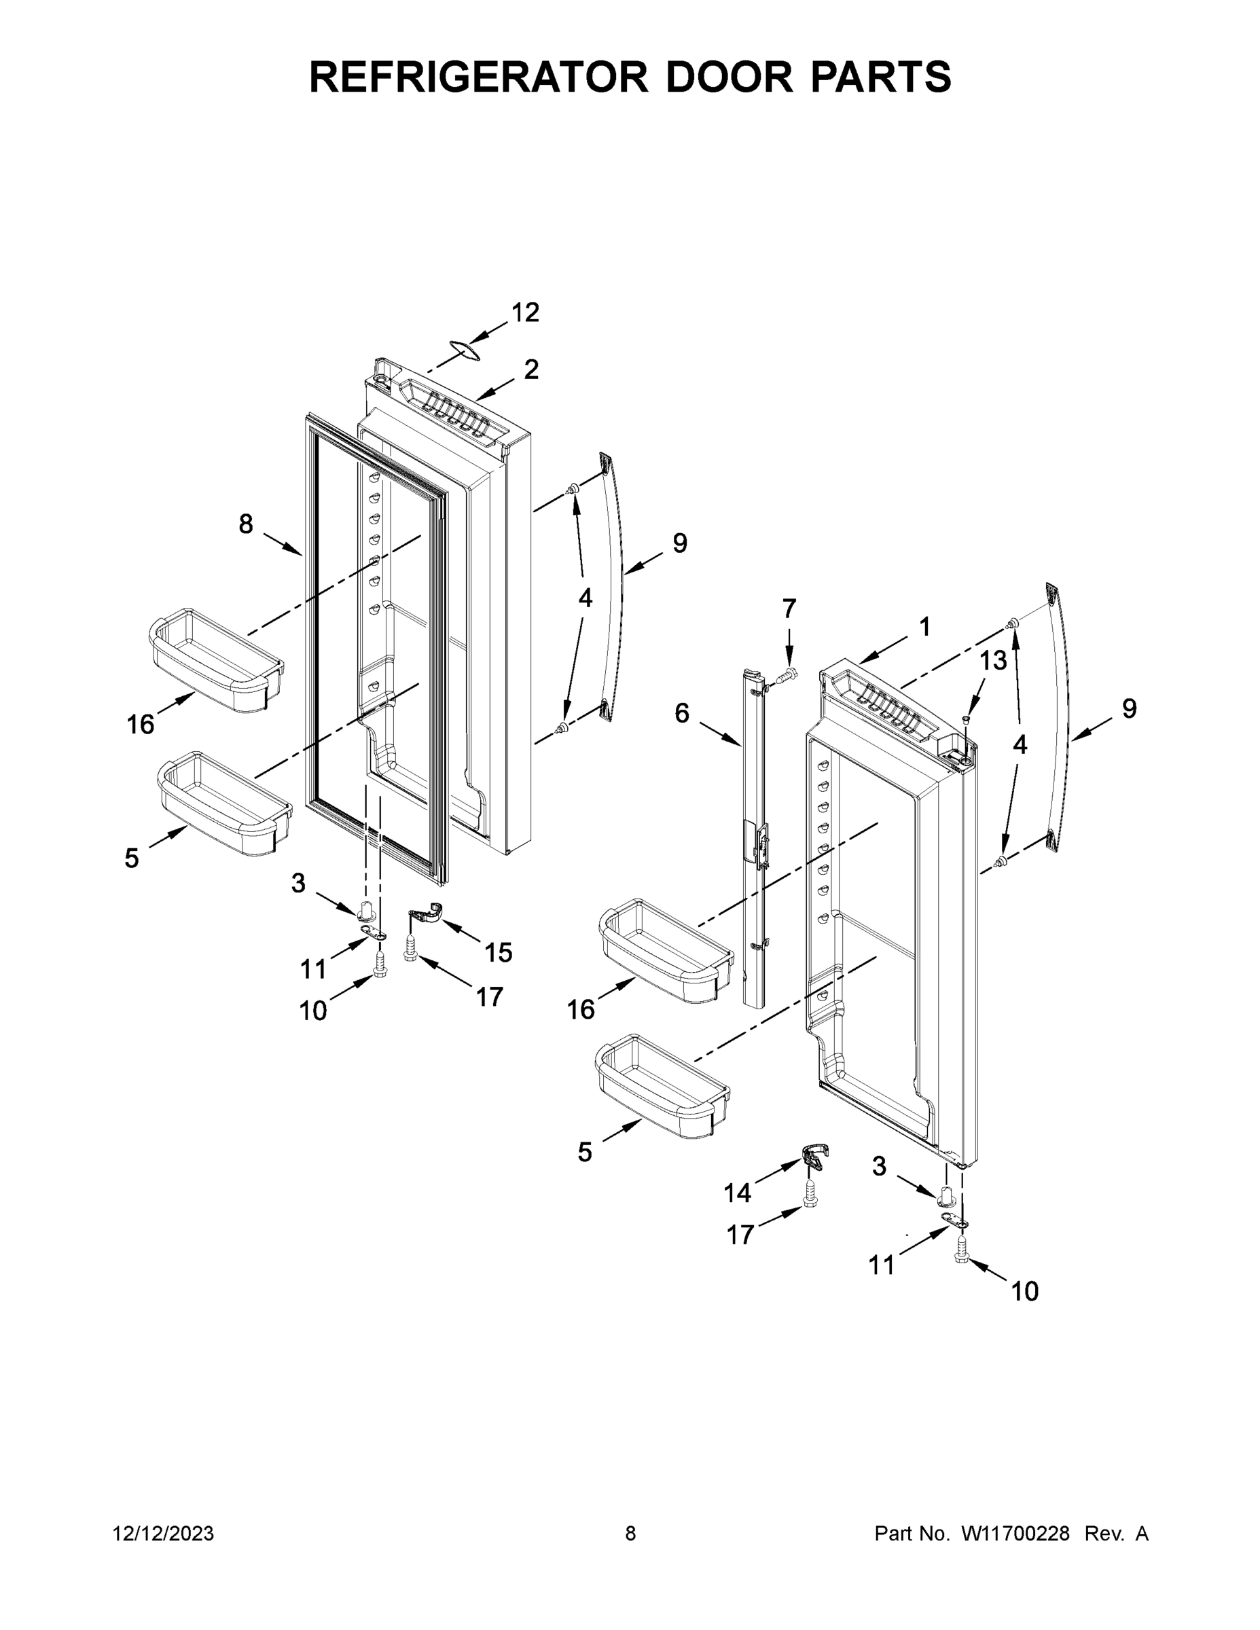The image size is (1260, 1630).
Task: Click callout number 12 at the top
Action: pyautogui.click(x=525, y=312)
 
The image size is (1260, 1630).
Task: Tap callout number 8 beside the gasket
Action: pyautogui.click(x=246, y=525)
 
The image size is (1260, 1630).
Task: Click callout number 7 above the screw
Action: pyautogui.click(x=789, y=609)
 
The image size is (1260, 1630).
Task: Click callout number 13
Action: pyautogui.click(x=993, y=659)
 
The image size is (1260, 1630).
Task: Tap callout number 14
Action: pyautogui.click(x=737, y=1193)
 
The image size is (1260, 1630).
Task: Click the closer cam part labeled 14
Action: pyautogui.click(x=815, y=1157)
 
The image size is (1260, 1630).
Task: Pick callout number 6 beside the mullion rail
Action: pyautogui.click(x=681, y=712)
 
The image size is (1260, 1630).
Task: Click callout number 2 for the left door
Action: pyautogui.click(x=530, y=369)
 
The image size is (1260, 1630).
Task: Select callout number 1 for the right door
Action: pyautogui.click(x=924, y=627)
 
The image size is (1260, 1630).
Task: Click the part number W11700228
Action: pyautogui.click(x=1015, y=1534)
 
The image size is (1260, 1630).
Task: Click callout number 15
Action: pyautogui.click(x=498, y=952)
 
